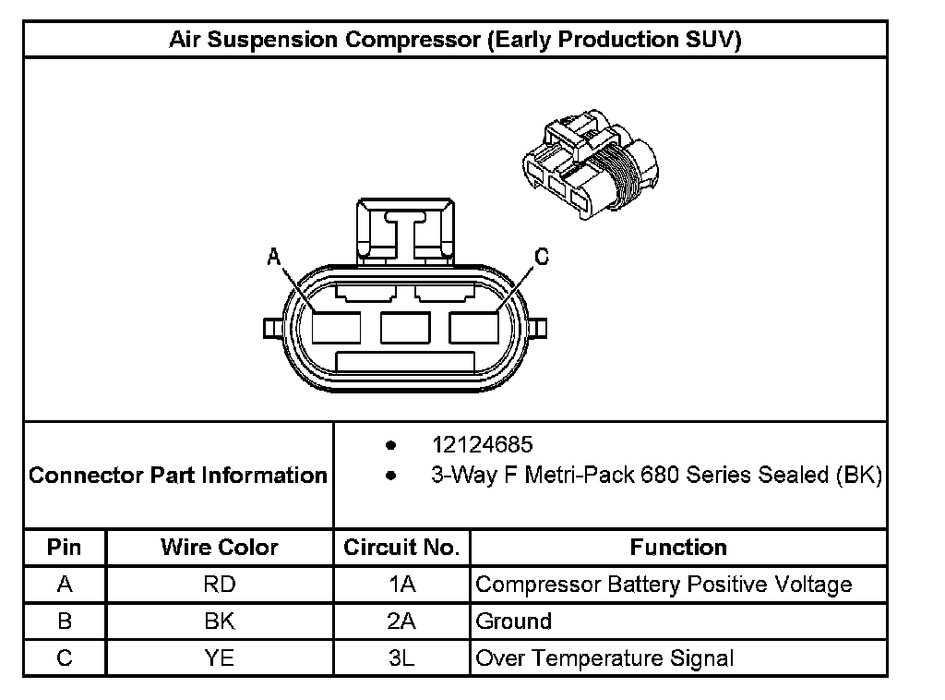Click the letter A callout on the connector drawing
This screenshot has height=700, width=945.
coord(273,257)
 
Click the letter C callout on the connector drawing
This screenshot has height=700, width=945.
coord(542,257)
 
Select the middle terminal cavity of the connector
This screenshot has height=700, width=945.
coord(405,328)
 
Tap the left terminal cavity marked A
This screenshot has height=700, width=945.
coord(336,328)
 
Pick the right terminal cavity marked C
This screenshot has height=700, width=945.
coord(473,328)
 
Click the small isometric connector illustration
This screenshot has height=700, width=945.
coord(591,164)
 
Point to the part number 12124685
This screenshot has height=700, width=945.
coord(482,445)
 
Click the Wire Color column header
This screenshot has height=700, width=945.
coord(220,547)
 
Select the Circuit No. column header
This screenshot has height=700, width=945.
coord(401,547)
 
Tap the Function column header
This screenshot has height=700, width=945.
coord(678,547)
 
